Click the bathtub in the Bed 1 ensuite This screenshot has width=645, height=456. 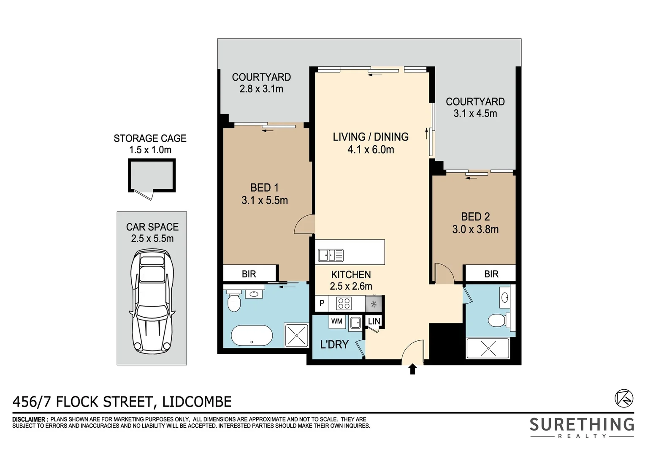coord(252,336)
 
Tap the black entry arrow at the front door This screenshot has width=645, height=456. coord(412,369)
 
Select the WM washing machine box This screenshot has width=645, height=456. coord(337,321)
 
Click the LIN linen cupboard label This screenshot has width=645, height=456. coord(374,321)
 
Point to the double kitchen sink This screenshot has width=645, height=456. coord(331,255)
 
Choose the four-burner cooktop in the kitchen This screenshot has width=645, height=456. coord(344,304)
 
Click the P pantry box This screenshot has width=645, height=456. coord(322,303)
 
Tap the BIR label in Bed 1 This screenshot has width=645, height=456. coord(249,274)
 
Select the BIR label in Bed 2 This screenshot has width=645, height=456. coord(491,274)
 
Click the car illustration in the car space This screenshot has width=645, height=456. coord(152,302)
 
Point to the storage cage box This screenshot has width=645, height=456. coord(152,176)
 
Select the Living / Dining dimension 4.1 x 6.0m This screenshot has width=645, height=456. coord(371,149)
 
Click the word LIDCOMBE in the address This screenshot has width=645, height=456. coord(197,402)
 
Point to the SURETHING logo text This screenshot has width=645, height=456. coord(582,424)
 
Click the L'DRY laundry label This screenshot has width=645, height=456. coord(334,345)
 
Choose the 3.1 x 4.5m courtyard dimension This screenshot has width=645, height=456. coord(475,114)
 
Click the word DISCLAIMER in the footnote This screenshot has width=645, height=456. coord(29,419)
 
